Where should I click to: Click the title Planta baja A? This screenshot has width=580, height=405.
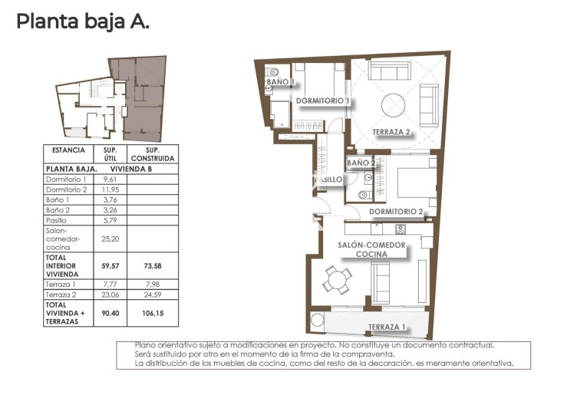tap(83, 21)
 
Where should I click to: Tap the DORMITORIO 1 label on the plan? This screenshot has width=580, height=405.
tap(323, 100)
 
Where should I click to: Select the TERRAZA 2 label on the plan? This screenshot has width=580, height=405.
tap(392, 132)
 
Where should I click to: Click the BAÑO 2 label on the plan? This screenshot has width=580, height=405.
tap(361, 163)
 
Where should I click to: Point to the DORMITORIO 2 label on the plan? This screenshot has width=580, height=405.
tap(396, 211)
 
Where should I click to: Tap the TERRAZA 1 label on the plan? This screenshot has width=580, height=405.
tap(387, 328)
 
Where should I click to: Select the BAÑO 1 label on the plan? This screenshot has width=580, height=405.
tap(280, 81)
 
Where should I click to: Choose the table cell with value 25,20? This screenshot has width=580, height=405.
tap(110, 239)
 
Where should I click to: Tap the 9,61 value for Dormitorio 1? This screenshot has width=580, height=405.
tap(110, 178)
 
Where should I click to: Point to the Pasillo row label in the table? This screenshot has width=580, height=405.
tap(58, 220)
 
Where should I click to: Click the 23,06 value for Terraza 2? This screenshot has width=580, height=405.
tap(110, 294)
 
